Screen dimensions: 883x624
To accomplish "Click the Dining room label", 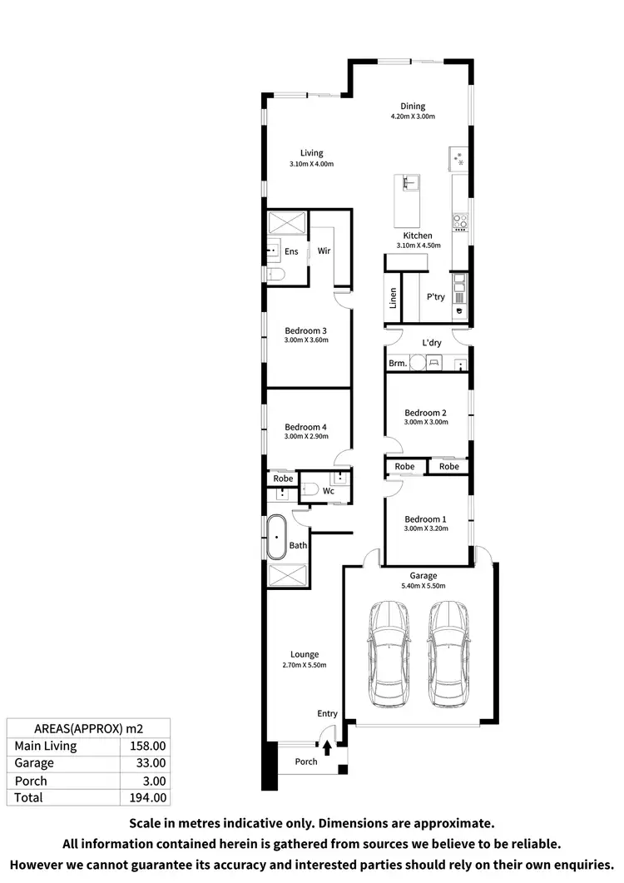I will pos(413,106).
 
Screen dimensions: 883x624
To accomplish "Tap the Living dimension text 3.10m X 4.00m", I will pos(312,164).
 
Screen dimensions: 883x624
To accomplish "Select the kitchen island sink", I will pos(408,182).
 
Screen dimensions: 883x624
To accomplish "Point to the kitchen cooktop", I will pos(460,221).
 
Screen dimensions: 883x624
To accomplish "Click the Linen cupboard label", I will pos(393,298).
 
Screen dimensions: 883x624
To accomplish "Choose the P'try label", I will pos(435,297).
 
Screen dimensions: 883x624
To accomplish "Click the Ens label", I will pos(291,251).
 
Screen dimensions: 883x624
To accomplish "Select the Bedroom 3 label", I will pos(306,330).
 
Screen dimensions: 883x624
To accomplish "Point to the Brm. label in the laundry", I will pos(398,364).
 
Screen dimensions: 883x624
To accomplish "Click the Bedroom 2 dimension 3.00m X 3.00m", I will pos(426,422).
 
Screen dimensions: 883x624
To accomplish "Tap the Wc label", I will pos(328,491).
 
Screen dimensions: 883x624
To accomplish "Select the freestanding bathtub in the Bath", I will pos(276,537).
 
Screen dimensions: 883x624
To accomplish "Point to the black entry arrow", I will pos(327,748).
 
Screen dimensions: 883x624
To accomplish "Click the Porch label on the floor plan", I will pos(306,761).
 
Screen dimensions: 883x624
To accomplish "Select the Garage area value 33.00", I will pos(151,762).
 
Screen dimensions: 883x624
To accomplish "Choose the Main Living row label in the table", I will pos(46,746).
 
